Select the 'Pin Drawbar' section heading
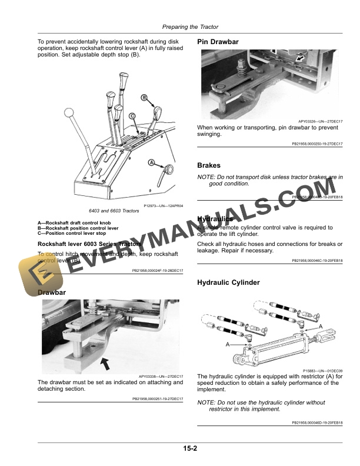point(218,42)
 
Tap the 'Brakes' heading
point(209,166)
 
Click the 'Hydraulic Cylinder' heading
point(228,283)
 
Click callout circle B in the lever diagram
point(144,97)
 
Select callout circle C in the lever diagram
point(132,116)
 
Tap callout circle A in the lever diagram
point(151,162)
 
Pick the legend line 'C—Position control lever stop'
point(73,233)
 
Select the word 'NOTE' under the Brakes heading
point(206,177)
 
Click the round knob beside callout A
point(169,169)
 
